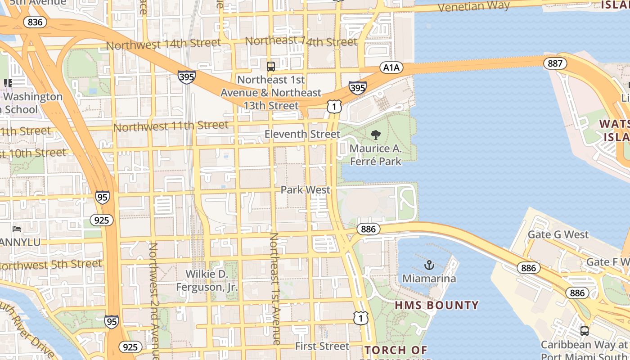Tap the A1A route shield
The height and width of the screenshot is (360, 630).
click(391, 67)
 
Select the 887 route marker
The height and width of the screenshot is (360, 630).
click(555, 63)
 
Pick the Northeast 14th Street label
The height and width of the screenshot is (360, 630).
click(301, 41)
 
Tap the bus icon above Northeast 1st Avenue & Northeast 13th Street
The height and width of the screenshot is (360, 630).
click(270, 67)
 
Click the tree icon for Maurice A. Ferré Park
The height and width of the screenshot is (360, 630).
click(375, 135)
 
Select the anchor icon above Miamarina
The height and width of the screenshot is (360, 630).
click(429, 265)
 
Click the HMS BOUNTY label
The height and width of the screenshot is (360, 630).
click(436, 305)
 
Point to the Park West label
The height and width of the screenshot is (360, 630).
click(305, 190)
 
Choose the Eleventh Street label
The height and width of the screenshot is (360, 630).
click(302, 134)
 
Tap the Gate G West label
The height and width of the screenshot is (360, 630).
click(558, 234)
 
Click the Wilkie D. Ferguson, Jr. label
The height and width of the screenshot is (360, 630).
click(207, 280)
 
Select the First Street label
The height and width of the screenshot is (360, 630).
click(322, 346)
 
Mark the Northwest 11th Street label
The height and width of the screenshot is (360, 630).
click(171, 126)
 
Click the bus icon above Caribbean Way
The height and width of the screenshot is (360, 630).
click(584, 331)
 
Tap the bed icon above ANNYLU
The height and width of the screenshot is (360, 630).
click(17, 229)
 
